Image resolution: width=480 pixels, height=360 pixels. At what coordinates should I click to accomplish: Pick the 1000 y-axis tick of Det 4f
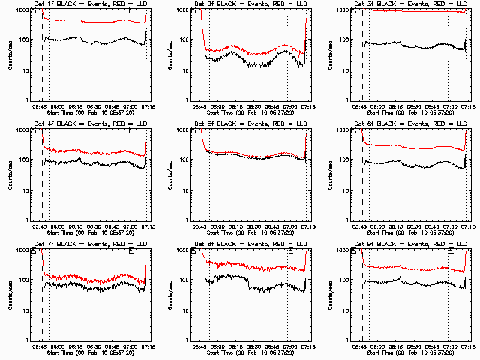(x=21, y=130)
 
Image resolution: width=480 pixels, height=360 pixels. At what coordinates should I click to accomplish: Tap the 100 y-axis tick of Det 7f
(x=22, y=280)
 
